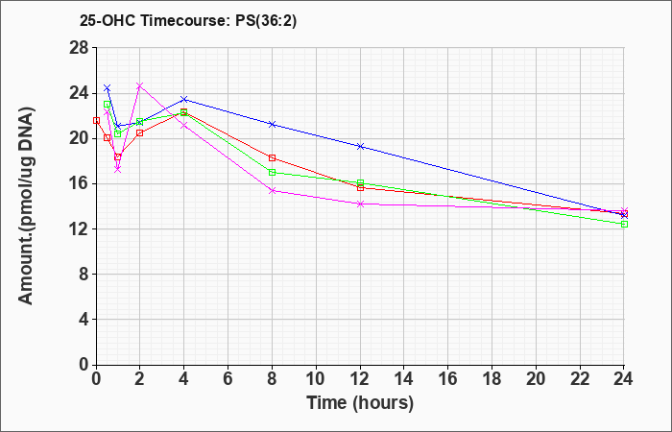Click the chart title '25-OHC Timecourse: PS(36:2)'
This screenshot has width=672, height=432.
tap(188, 21)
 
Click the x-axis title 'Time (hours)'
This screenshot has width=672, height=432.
tap(360, 403)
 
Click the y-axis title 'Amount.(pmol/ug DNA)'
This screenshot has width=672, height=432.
tap(26, 206)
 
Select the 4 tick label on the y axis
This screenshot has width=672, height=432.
tap(84, 320)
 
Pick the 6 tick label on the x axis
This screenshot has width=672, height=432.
tap(228, 378)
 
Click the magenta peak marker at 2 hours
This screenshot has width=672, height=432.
tap(140, 85)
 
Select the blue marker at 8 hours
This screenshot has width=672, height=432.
tap(272, 124)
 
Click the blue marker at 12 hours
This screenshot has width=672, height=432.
tap(360, 147)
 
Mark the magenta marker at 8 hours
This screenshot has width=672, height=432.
tap(272, 191)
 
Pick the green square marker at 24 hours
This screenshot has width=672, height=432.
tap(624, 224)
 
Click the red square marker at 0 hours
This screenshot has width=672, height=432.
tap(96, 120)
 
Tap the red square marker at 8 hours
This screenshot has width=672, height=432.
tap(272, 157)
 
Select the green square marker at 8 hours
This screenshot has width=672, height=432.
tap(272, 172)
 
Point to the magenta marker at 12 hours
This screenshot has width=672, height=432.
tap(360, 204)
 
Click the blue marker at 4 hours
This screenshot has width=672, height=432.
tap(184, 100)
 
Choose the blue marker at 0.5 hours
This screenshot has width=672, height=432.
tap(108, 88)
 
